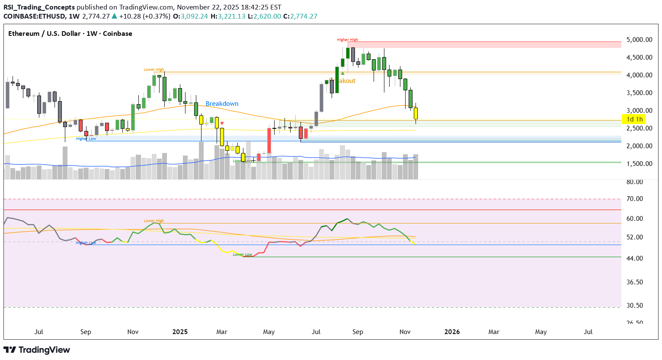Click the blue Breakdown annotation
click(222, 104)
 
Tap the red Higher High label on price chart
click(347, 40)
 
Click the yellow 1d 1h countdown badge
click(634, 119)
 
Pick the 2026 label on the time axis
click(452, 332)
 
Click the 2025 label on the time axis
click(180, 332)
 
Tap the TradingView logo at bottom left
click(37, 350)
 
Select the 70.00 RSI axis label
click(634, 199)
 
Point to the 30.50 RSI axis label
click(634, 306)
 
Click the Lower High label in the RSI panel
click(154, 221)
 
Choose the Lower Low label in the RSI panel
click(242, 255)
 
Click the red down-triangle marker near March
click(222, 123)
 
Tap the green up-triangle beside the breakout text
click(342, 73)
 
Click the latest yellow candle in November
click(416, 113)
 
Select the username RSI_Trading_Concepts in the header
click(39, 7)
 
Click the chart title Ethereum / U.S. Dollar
click(44, 34)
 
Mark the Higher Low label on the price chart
click(86, 139)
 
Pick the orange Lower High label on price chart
click(154, 70)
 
